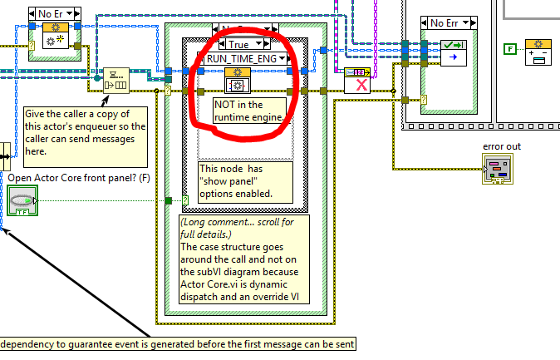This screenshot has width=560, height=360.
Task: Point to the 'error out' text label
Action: click(x=500, y=147)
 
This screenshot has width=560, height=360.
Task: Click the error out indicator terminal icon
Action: click(x=499, y=170)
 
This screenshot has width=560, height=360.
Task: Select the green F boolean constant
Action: click(x=509, y=49)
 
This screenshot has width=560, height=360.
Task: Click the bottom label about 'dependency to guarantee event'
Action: click(x=178, y=344)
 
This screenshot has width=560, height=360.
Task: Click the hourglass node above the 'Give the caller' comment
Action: click(x=115, y=81)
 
